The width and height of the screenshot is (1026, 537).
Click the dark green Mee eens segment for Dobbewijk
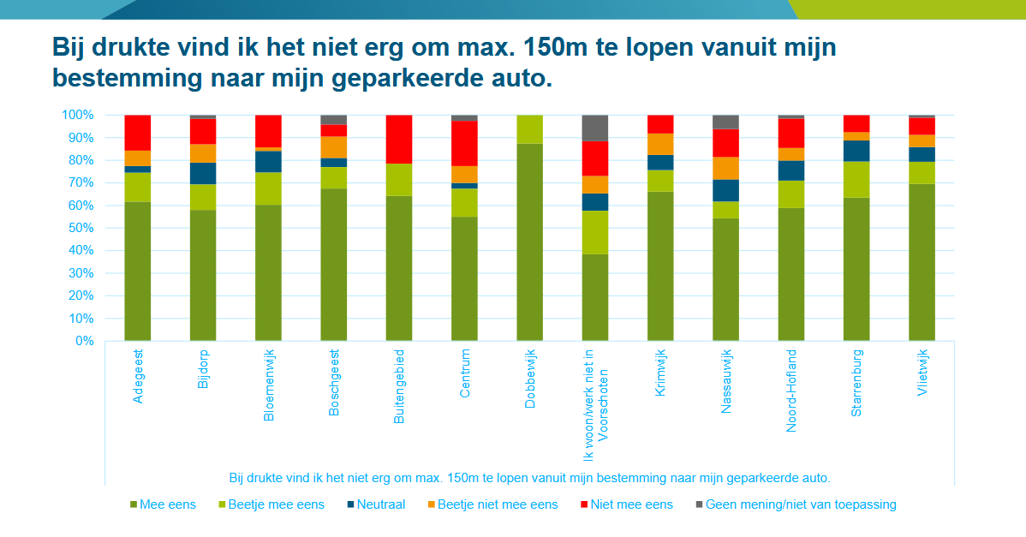pos(529,242)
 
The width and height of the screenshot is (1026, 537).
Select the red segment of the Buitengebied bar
pos(399,139)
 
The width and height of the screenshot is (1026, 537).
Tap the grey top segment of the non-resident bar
pos(594,128)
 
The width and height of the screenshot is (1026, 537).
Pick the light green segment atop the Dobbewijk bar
pos(529,128)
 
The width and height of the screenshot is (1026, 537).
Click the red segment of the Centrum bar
pos(464,143)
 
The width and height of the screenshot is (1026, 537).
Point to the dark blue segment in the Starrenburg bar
pos(856,151)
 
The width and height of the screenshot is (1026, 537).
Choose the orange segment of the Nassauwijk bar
pos(725,168)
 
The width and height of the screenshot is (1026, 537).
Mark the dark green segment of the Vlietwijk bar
pos(922,262)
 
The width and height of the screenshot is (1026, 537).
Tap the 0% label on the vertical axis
pos(83,341)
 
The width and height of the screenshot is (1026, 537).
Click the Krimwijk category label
pos(660,373)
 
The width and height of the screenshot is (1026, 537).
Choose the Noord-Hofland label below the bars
pos(790,390)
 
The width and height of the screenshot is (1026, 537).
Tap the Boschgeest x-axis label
pos(334,382)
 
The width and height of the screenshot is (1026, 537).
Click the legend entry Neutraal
pos(377,504)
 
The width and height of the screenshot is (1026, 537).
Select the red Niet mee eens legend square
pos(585,504)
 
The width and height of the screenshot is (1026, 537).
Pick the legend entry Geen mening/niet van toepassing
pos(800,504)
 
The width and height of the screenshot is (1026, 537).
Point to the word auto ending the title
pos(516,78)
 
